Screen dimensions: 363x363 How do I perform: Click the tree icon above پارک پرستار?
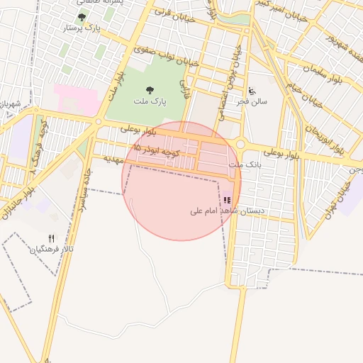tap(82, 16)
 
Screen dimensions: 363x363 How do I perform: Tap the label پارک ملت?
tap(149, 101)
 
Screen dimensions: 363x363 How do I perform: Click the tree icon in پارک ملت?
tap(149, 90)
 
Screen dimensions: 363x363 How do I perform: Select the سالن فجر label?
tap(253, 101)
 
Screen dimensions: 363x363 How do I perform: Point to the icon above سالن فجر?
tap(252, 90)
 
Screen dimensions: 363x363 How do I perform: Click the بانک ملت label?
tap(240, 164)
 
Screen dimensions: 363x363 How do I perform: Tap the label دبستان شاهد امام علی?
tap(227, 211)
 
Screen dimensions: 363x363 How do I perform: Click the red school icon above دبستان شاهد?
tap(227, 200)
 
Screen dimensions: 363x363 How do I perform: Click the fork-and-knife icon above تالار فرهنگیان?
tap(51, 238)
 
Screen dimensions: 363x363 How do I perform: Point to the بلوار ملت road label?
tap(116, 85)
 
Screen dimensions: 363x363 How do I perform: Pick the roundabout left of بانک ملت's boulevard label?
tap(240, 144)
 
